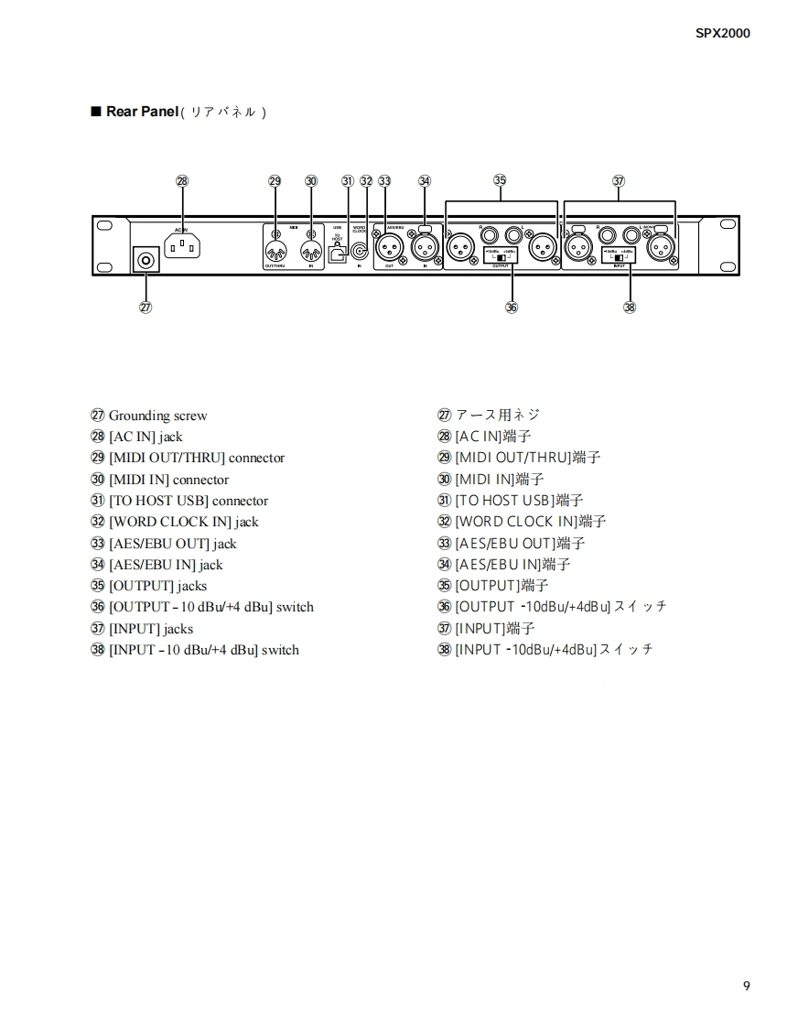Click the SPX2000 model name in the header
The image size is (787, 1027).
722,34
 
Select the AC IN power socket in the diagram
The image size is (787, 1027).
182,245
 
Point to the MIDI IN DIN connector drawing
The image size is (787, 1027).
310,249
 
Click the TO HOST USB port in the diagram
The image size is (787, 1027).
337,255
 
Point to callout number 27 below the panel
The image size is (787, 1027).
146,307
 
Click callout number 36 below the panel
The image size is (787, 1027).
512,307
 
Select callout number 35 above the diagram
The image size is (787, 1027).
500,180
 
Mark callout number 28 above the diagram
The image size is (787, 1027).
182,180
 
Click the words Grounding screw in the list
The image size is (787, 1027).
157,416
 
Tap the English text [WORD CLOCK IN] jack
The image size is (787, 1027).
183,522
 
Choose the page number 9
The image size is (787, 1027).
747,986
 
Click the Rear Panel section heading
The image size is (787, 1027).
142,112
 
